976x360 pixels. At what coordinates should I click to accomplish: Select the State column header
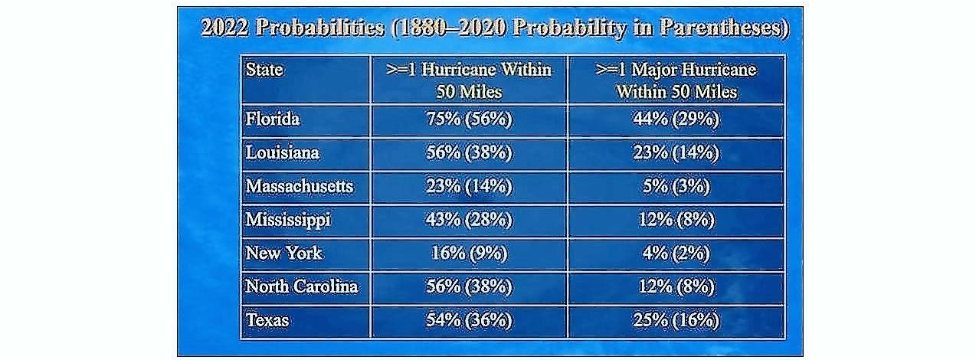click(x=264, y=70)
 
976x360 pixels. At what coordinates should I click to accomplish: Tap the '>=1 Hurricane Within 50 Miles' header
click(x=469, y=80)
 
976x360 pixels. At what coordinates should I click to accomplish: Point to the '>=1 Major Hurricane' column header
click(x=676, y=80)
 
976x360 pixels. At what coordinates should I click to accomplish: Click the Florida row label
click(x=273, y=119)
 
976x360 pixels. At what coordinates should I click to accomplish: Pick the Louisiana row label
click(x=282, y=152)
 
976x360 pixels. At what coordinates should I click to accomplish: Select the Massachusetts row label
click(x=300, y=186)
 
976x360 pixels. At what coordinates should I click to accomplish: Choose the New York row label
click(x=283, y=253)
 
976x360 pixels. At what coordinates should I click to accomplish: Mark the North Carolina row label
click(x=301, y=286)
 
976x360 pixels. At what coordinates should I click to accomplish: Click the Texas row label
click(x=267, y=320)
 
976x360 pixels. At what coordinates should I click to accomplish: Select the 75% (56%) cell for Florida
click(x=469, y=119)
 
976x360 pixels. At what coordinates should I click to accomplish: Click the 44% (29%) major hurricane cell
click(x=676, y=119)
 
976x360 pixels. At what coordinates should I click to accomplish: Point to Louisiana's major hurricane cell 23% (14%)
click(x=676, y=152)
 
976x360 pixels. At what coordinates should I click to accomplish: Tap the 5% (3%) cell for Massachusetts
click(x=676, y=186)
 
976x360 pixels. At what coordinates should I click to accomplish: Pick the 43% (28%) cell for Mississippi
click(x=469, y=220)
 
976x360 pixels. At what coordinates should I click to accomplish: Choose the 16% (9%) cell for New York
click(x=469, y=253)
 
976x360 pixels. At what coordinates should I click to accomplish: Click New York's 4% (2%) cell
click(x=676, y=253)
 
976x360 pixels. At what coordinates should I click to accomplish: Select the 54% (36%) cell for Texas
click(x=469, y=320)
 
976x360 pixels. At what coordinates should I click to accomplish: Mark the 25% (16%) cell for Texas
click(x=676, y=320)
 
